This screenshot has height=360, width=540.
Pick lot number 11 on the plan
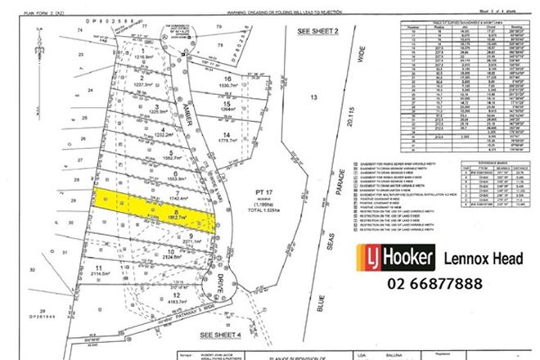coord(97,268)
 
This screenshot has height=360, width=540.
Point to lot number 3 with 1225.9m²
coord(156,106)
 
